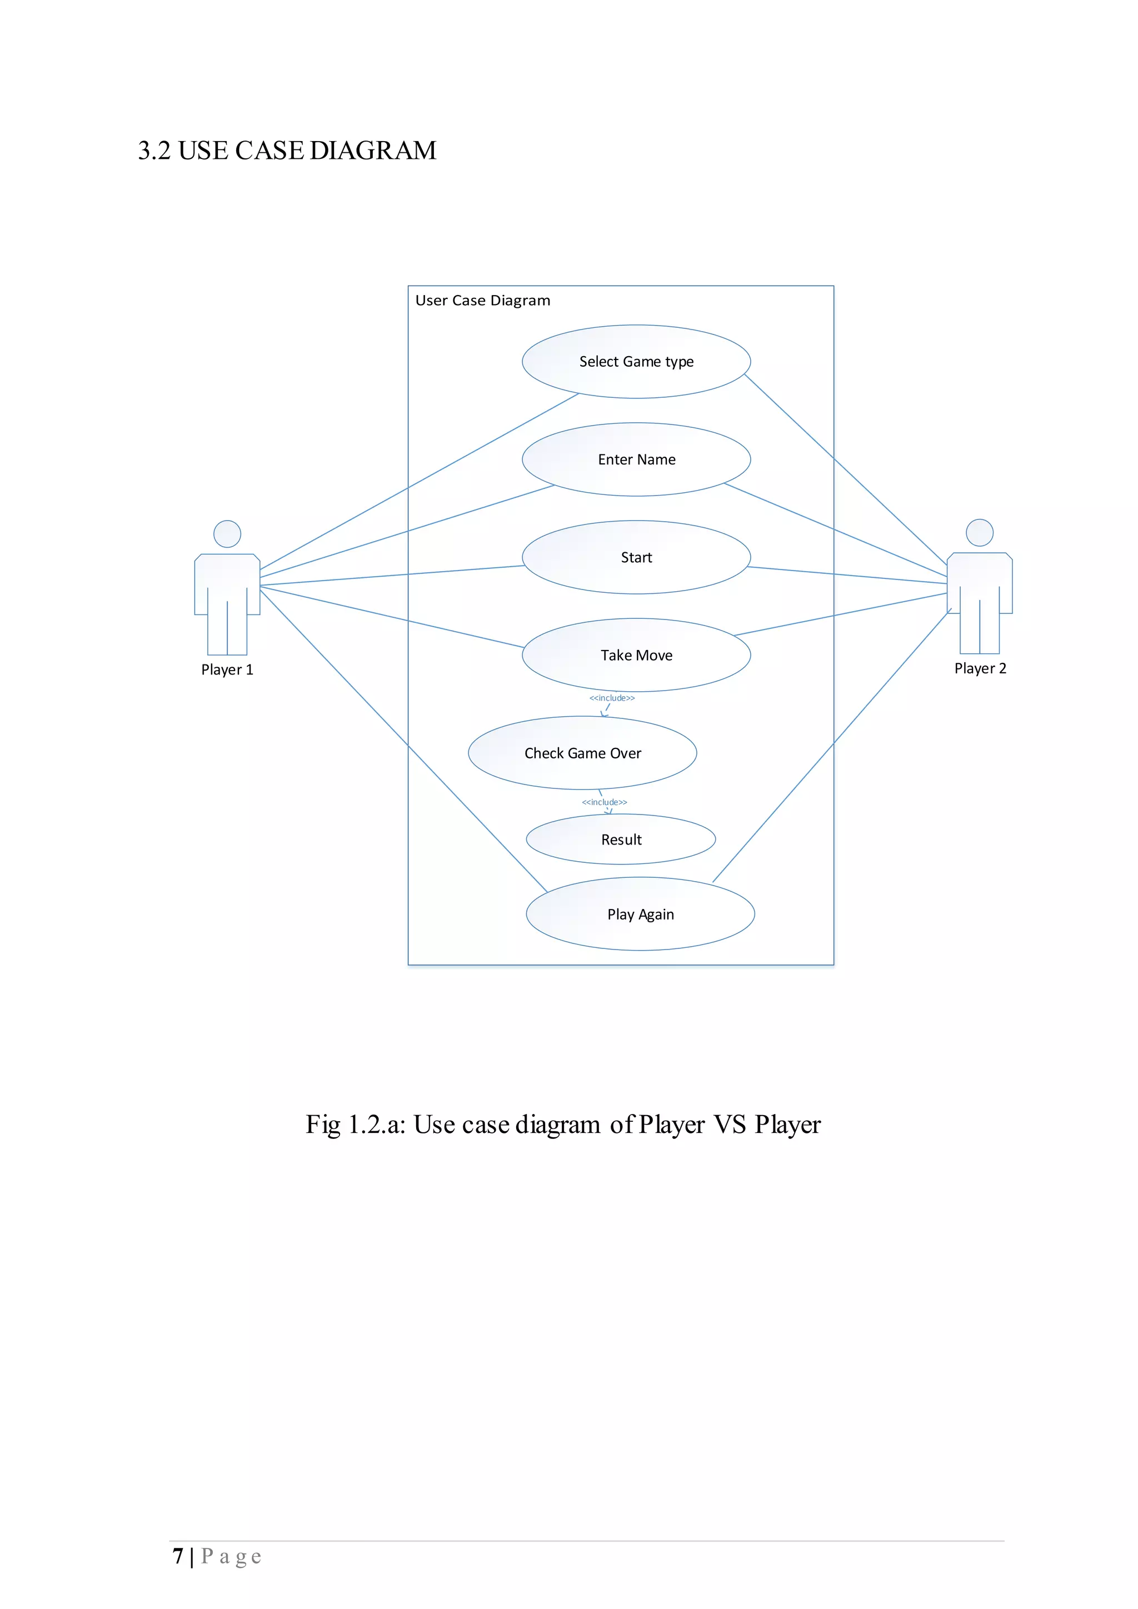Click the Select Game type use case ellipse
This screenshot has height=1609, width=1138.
coord(636,362)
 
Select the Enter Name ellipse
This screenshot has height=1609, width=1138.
coord(636,459)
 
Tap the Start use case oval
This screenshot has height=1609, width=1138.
coord(636,558)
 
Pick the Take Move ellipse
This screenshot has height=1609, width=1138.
coord(636,655)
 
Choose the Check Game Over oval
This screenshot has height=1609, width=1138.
coord(582,753)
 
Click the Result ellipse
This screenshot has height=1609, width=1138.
coord(621,840)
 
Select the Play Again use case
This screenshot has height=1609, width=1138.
coord(641,915)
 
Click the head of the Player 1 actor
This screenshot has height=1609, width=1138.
coord(227,534)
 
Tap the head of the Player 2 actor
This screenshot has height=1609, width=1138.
coord(980,533)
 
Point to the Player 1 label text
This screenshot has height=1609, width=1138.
coord(227,670)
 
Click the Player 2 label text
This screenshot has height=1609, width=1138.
coord(980,668)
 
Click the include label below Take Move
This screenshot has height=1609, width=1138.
coord(612,698)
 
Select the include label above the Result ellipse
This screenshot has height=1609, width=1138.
coord(605,802)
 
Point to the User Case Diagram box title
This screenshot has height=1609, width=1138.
coord(483,301)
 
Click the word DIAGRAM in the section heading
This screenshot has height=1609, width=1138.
coord(373,151)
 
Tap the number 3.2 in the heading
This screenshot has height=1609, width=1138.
coord(154,151)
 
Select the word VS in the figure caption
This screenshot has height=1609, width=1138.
coord(730,1125)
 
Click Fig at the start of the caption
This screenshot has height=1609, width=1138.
coord(323,1125)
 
